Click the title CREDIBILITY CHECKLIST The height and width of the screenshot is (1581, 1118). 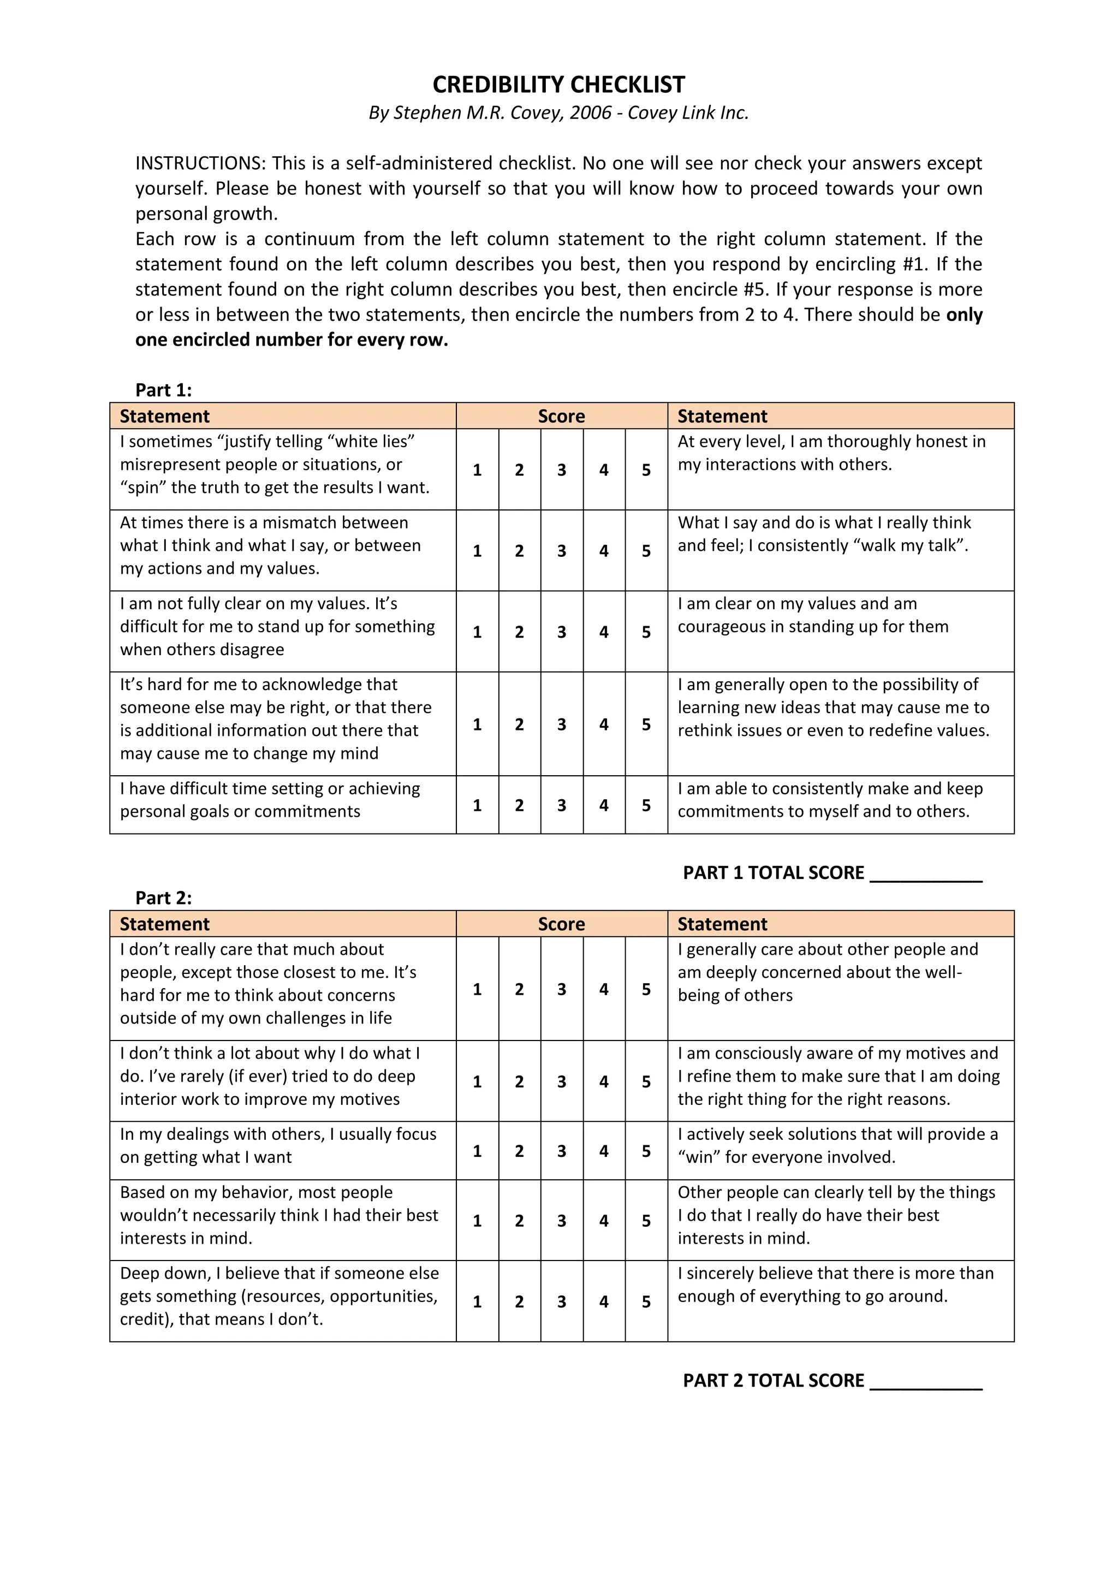(x=558, y=85)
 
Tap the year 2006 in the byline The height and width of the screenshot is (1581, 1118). (x=590, y=113)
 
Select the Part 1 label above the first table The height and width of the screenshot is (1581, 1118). (x=163, y=390)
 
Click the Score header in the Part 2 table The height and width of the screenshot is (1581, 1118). (x=561, y=924)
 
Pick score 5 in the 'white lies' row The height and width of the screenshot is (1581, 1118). (x=646, y=470)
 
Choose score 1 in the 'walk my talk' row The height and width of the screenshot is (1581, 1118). (x=477, y=551)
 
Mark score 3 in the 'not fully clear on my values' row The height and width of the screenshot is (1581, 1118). (x=562, y=632)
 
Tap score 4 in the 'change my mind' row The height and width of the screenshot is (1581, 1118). (x=604, y=724)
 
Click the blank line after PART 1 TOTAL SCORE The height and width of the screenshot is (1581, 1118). (x=926, y=875)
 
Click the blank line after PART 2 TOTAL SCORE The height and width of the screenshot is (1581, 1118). (x=926, y=1382)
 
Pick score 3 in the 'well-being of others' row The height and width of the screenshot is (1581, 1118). (x=562, y=990)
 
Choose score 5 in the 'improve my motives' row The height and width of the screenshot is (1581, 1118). (x=646, y=1082)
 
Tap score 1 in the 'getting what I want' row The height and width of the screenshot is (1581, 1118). (x=477, y=1151)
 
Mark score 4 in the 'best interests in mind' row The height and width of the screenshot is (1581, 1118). (x=604, y=1221)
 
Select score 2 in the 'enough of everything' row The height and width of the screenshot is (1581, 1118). (x=519, y=1301)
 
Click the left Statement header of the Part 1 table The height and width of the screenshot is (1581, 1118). (x=164, y=417)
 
